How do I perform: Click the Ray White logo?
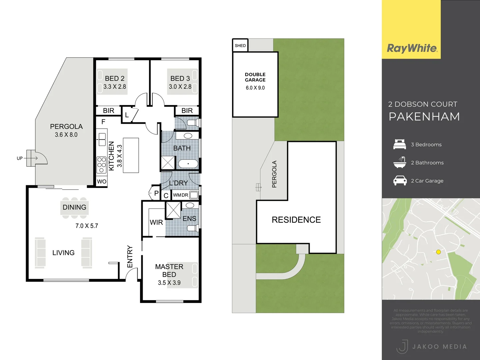[x=412, y=48]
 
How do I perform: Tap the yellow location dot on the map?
[x=438, y=252]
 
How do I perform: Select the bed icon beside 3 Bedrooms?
[x=400, y=144]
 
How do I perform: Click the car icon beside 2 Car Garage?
[x=400, y=181]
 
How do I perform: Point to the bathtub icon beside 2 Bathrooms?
[x=400, y=162]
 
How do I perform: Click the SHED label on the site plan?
[x=240, y=46]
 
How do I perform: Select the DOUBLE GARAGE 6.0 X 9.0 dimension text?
[x=255, y=88]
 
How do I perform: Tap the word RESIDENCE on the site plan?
[x=296, y=220]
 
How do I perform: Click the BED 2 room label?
[x=114, y=78]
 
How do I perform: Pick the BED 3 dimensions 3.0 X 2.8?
[x=180, y=87]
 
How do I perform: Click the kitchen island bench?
[x=131, y=155]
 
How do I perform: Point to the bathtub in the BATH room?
[x=188, y=164]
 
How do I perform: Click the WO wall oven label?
[x=102, y=182]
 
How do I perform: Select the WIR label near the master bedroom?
[x=156, y=222]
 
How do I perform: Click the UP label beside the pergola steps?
[x=20, y=158]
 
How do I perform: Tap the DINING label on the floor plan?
[x=74, y=207]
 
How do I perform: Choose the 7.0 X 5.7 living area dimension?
[x=87, y=226]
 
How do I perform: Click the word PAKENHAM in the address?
[x=424, y=117]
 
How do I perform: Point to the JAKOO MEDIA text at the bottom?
[x=439, y=347]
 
